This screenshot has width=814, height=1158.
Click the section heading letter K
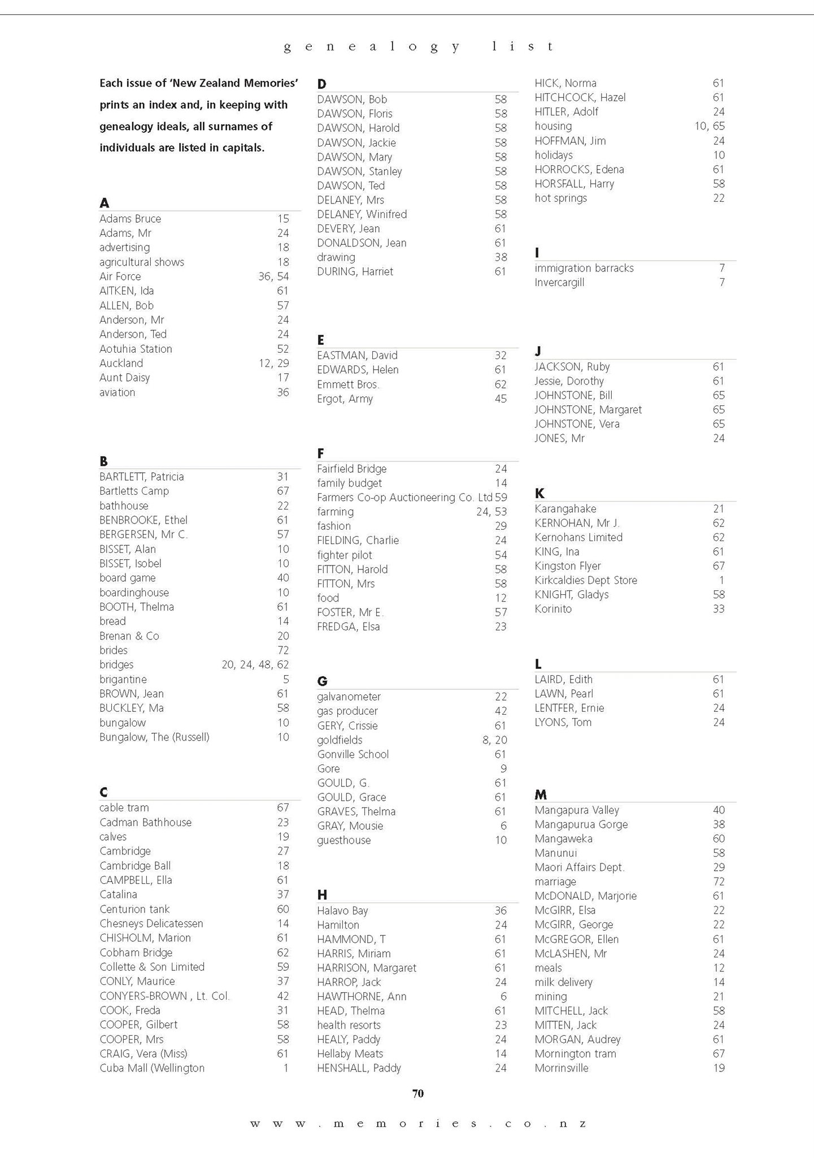coord(539,494)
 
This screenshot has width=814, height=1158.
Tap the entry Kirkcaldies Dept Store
coord(586,580)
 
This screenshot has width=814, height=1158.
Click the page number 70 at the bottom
coord(418,1093)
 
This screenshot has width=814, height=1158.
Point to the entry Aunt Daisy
coord(124,378)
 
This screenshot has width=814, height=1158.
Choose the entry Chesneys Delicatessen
coord(151,923)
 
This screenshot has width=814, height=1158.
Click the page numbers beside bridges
coord(255,664)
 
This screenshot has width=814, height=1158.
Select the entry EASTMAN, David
coord(357,356)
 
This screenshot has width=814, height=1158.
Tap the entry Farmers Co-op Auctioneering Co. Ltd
coord(404,498)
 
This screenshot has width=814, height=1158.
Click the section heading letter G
coord(322,681)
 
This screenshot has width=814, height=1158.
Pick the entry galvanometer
coord(349,697)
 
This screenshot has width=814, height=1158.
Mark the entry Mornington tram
coord(575,1053)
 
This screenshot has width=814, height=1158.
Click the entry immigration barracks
coord(584,268)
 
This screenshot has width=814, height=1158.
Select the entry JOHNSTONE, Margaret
coord(588,409)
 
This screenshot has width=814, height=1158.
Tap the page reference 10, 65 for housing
coord(709,126)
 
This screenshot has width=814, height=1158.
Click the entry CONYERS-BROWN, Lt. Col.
coord(164,996)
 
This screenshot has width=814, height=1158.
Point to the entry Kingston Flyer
coord(568,566)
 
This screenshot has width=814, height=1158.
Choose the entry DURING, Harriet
coord(355,271)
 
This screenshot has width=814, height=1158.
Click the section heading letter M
coord(541,794)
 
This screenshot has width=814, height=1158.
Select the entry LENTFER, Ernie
coord(569,708)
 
